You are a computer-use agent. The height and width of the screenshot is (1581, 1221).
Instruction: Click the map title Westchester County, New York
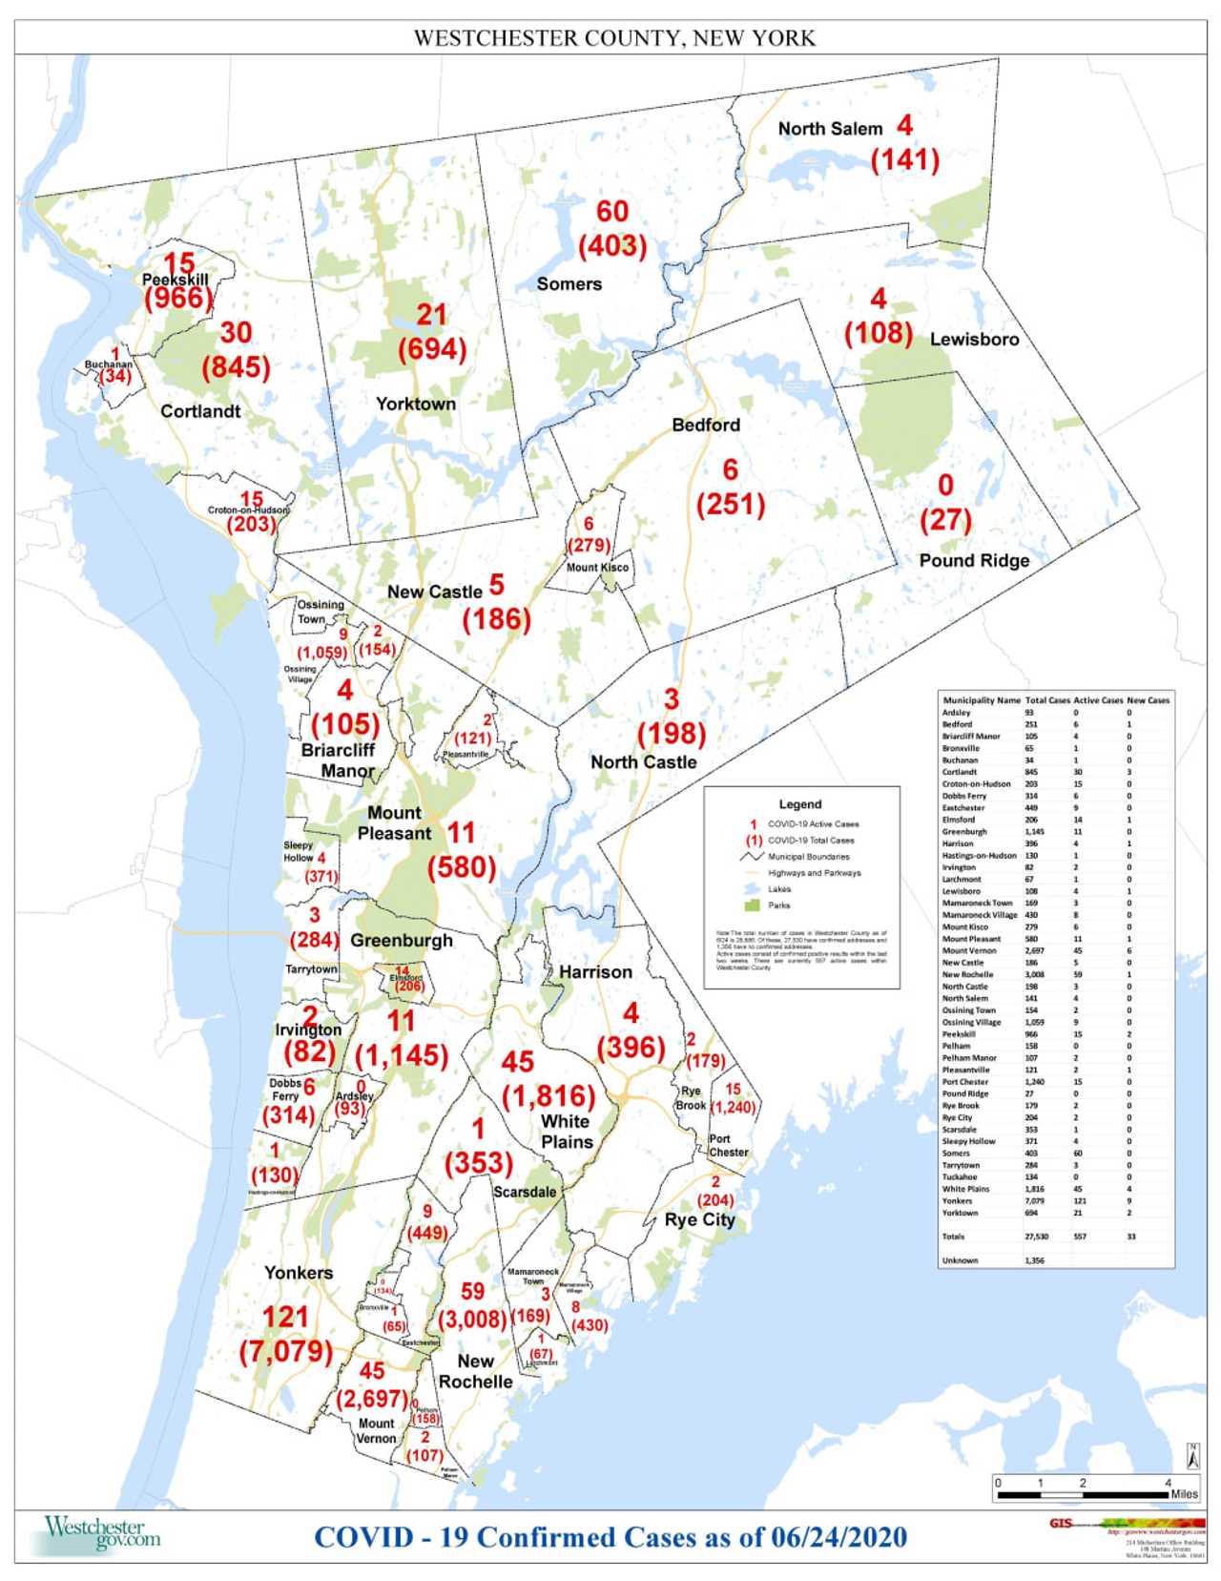pyautogui.click(x=614, y=38)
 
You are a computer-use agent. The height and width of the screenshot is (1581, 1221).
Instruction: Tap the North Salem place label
pyautogui.click(x=830, y=129)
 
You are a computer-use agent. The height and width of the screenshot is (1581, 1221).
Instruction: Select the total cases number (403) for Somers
pyautogui.click(x=612, y=246)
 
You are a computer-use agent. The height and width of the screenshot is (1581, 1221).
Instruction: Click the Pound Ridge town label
pyautogui.click(x=974, y=560)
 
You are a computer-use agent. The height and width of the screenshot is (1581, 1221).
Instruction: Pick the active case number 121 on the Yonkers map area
pyautogui.click(x=285, y=1318)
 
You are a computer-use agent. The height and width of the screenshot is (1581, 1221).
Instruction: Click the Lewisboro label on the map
pyautogui.click(x=974, y=339)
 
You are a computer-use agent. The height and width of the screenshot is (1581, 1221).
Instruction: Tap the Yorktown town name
pyautogui.click(x=416, y=404)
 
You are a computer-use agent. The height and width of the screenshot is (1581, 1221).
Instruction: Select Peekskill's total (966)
pyautogui.click(x=178, y=299)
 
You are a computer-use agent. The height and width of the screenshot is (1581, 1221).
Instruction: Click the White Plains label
pyautogui.click(x=567, y=1132)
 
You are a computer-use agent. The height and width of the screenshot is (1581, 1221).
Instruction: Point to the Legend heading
pyautogui.click(x=799, y=804)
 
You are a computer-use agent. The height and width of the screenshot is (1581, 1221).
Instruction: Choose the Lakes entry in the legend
pyautogui.click(x=778, y=889)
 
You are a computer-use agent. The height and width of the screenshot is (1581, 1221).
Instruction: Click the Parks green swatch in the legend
pyautogui.click(x=752, y=905)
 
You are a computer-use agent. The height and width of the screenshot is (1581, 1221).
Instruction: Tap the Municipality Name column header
pyautogui.click(x=981, y=700)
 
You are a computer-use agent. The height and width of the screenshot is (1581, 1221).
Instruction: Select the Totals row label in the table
pyautogui.click(x=954, y=1237)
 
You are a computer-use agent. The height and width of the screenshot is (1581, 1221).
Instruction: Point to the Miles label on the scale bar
pyautogui.click(x=1184, y=1494)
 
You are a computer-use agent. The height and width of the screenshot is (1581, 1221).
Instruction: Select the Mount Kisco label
pyautogui.click(x=598, y=567)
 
